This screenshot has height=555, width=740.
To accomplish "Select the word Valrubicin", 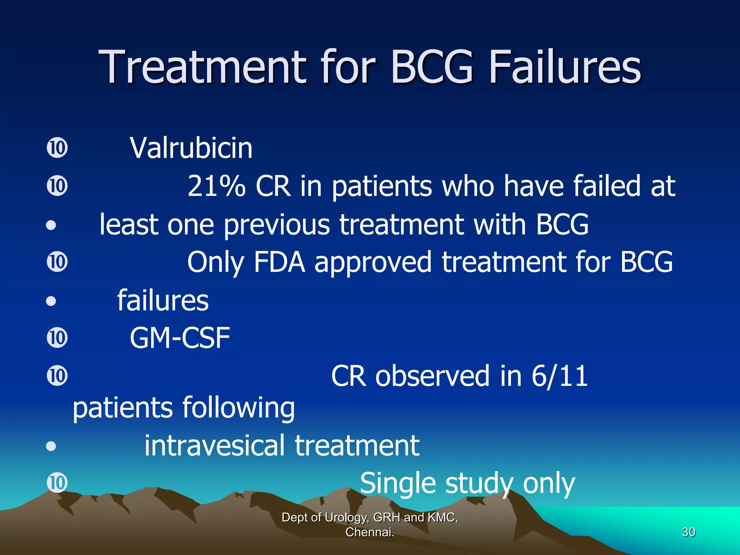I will (191, 148).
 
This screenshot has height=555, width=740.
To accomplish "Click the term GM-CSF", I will (180, 338).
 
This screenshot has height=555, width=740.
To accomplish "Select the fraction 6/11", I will (559, 376).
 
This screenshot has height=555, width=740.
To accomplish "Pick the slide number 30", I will (688, 532).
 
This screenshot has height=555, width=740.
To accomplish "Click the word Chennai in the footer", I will (369, 532).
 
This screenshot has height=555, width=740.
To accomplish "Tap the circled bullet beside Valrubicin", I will (57, 148).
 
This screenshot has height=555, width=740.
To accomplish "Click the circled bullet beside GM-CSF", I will (57, 338).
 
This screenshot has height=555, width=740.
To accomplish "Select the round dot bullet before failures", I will (51, 301).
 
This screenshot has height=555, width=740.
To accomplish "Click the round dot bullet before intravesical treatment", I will (51, 446).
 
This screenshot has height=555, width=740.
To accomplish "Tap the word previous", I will (276, 225).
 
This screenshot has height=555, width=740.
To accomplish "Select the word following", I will (238, 408).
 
